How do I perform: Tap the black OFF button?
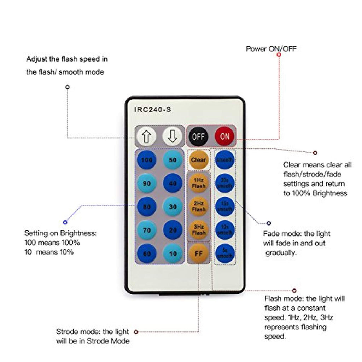[198, 136]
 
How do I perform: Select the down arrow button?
[172, 136]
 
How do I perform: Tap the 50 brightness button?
[173, 160]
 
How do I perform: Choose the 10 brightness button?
[173, 253]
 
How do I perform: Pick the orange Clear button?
[198, 160]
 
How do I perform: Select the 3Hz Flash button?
[198, 230]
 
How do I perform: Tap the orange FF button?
[198, 253]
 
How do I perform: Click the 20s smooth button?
[224, 183]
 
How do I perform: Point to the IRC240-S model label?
[152, 110]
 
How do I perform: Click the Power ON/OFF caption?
[271, 49]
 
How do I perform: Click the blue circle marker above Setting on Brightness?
[65, 222]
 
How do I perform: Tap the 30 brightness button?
[173, 207]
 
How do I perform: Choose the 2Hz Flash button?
[198, 206]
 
